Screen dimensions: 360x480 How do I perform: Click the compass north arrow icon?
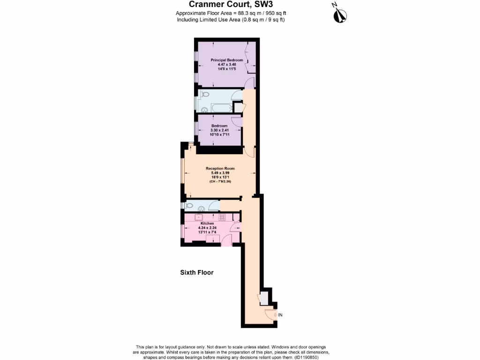click(x=339, y=14)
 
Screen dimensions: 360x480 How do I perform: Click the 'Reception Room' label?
click(x=220, y=168)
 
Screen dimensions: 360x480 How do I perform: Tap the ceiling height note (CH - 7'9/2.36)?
click(x=220, y=181)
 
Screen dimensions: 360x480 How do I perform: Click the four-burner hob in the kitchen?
click(x=222, y=217)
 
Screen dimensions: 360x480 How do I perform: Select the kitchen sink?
click(x=199, y=217)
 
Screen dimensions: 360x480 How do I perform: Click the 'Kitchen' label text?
click(x=207, y=224)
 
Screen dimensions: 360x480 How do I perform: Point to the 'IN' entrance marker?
click(x=280, y=315)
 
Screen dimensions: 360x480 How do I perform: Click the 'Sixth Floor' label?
click(x=197, y=272)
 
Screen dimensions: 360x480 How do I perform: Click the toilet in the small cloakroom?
click(x=190, y=205)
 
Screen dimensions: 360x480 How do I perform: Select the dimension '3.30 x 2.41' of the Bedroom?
click(x=219, y=130)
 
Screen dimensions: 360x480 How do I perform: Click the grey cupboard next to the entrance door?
click(x=264, y=298)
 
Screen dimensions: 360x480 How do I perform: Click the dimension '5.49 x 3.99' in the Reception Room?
click(x=220, y=172)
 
